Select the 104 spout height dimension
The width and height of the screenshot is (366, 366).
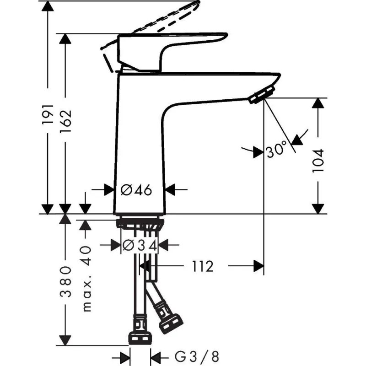(x=319, y=160)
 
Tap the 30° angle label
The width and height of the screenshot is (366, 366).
(x=276, y=150)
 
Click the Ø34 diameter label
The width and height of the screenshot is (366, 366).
(x=140, y=246)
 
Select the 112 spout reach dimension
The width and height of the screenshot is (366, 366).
(x=201, y=266)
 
